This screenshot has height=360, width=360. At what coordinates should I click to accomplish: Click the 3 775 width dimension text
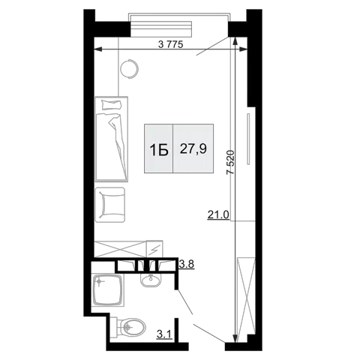(x=171, y=44)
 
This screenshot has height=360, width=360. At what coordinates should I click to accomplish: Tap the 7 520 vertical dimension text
(x=230, y=162)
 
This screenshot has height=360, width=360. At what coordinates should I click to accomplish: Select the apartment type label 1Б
(x=159, y=151)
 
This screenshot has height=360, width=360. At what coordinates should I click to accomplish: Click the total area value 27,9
(x=193, y=149)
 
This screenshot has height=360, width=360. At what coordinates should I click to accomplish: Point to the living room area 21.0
(x=218, y=214)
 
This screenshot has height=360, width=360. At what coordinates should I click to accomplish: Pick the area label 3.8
(x=187, y=264)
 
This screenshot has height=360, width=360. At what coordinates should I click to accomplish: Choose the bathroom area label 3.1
(x=164, y=334)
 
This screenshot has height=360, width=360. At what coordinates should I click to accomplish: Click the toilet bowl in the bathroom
(x=131, y=327)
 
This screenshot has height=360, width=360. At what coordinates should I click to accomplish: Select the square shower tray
(x=108, y=289)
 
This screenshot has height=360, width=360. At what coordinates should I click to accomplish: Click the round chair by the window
(x=129, y=69)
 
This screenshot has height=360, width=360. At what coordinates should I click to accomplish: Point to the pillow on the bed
(x=112, y=104)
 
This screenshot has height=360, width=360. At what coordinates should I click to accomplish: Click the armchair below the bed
(x=110, y=205)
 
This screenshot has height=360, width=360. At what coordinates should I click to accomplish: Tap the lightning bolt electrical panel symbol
(x=154, y=249)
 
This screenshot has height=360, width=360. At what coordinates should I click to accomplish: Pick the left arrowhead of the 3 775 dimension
(x=97, y=49)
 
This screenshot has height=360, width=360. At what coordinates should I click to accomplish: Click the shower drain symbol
(x=99, y=282)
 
